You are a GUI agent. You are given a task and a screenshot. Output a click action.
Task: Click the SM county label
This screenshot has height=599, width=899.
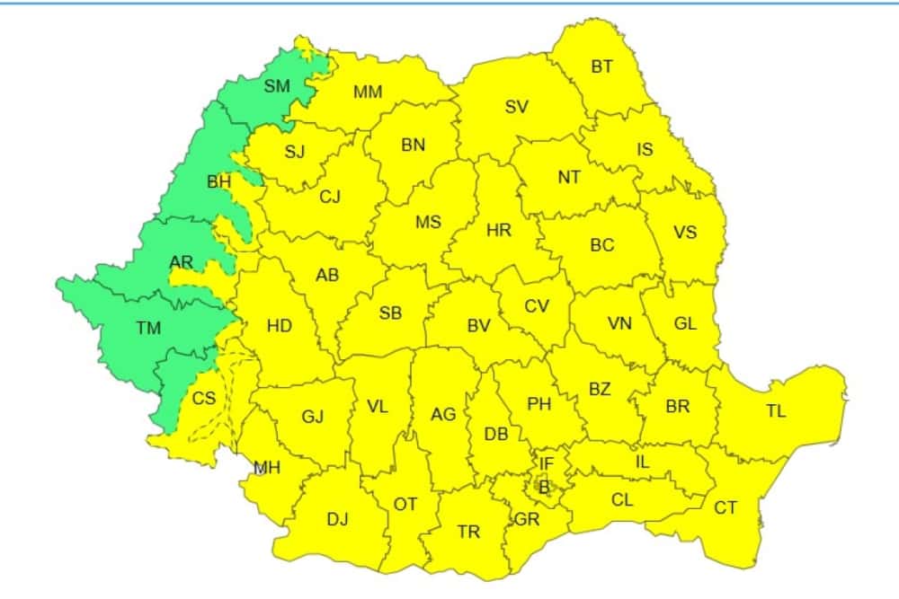point(277,87)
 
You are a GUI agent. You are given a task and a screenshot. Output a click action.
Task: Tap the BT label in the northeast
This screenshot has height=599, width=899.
point(602,66)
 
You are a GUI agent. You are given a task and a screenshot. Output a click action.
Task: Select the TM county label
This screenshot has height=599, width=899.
point(148,329)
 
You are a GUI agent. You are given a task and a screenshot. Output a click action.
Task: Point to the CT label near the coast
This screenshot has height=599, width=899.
point(725,508)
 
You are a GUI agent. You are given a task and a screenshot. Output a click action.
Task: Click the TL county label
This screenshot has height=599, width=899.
point(776,411)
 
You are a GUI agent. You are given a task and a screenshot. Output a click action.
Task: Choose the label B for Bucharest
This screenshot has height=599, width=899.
point(543,487)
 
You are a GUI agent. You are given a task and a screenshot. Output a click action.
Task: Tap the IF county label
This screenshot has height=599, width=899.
point(546,463)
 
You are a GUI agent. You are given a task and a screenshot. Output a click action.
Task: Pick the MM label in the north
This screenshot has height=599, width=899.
point(368,92)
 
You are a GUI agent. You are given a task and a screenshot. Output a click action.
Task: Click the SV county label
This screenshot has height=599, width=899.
point(516,108)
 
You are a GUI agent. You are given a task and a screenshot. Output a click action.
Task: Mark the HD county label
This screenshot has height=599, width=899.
point(280,325)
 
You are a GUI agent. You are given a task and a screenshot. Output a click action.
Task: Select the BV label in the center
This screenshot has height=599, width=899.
point(478,327)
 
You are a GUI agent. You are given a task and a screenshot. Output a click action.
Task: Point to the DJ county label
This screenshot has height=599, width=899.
point(337,518)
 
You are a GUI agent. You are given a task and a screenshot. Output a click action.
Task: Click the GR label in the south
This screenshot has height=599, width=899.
point(526,520)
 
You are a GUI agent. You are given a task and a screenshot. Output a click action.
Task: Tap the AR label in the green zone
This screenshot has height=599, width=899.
point(181,262)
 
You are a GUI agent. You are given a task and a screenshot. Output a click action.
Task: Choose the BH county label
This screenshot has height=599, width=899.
point(219,182)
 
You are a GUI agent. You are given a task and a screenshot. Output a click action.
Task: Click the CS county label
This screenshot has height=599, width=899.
point(205,398)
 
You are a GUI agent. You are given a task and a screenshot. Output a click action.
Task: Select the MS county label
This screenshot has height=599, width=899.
point(428,222)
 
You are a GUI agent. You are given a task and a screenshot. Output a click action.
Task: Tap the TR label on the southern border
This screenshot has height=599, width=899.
point(468,533)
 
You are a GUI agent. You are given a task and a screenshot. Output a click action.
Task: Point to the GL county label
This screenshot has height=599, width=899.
point(685,324)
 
